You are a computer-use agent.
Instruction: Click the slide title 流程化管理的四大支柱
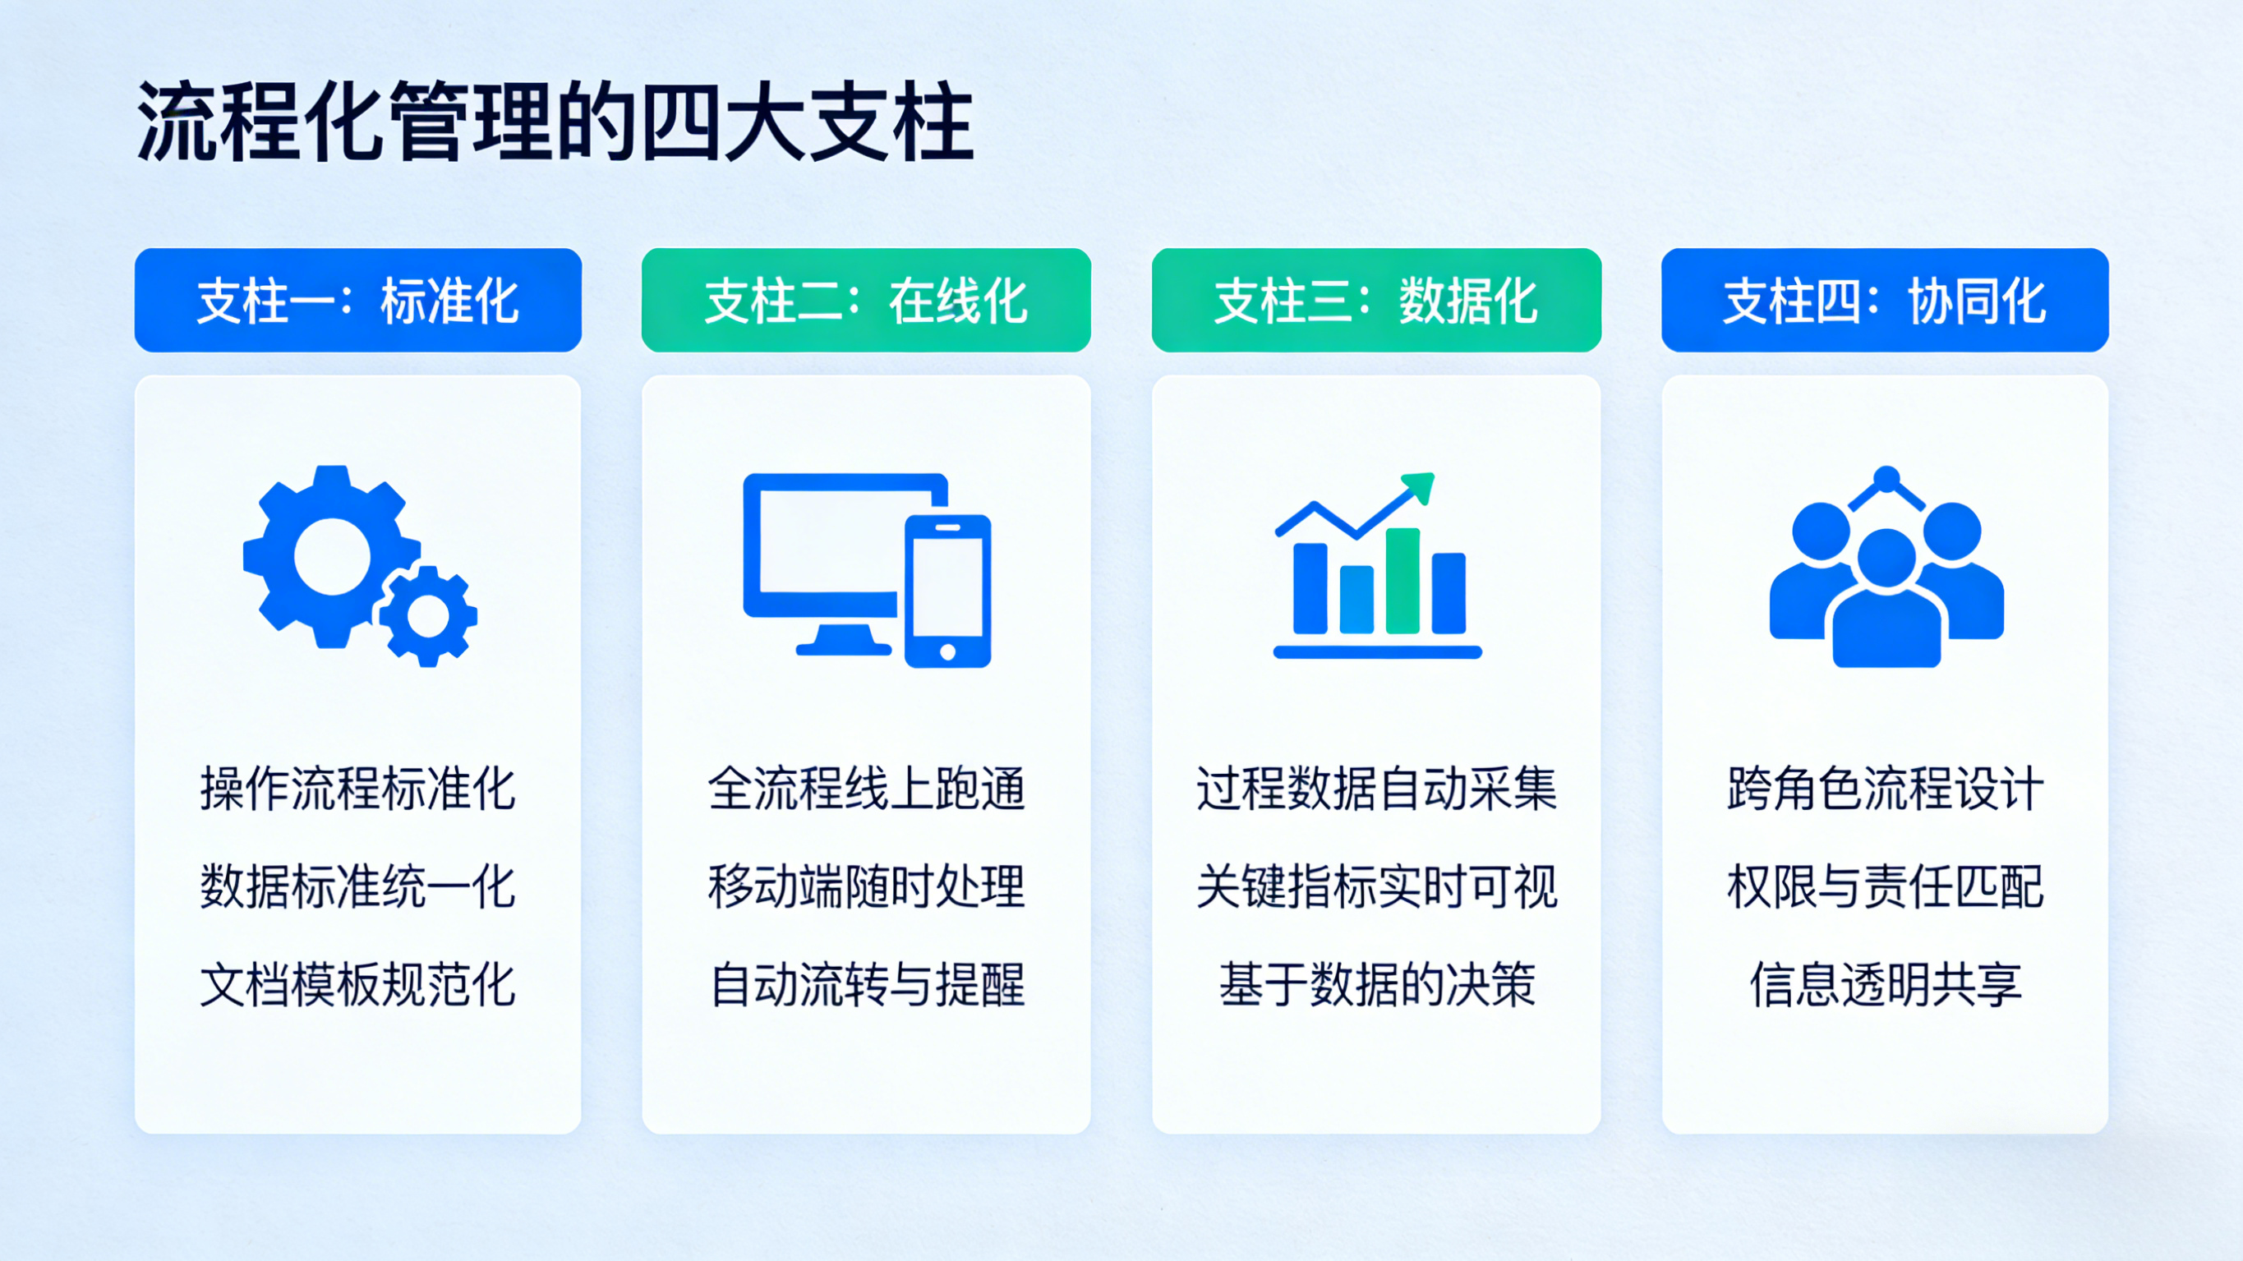click(x=555, y=122)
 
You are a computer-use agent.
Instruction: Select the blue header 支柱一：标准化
click(x=358, y=301)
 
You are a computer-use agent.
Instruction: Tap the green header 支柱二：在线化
click(x=865, y=301)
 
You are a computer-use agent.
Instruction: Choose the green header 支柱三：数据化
click(x=1375, y=301)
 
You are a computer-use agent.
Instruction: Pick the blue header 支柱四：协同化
click(x=1884, y=301)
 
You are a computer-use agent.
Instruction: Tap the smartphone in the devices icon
click(x=947, y=591)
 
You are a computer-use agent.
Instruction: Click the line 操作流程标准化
click(x=358, y=789)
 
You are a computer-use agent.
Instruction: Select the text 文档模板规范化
click(x=358, y=985)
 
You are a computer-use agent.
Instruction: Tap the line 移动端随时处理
click(x=865, y=886)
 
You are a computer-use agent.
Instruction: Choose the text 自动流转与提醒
click(x=865, y=985)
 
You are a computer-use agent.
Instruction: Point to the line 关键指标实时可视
click(x=1375, y=886)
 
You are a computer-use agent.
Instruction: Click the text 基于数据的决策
click(x=1375, y=985)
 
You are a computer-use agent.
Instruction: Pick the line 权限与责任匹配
click(x=1884, y=886)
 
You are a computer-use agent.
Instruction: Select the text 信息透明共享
click(x=1884, y=985)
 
